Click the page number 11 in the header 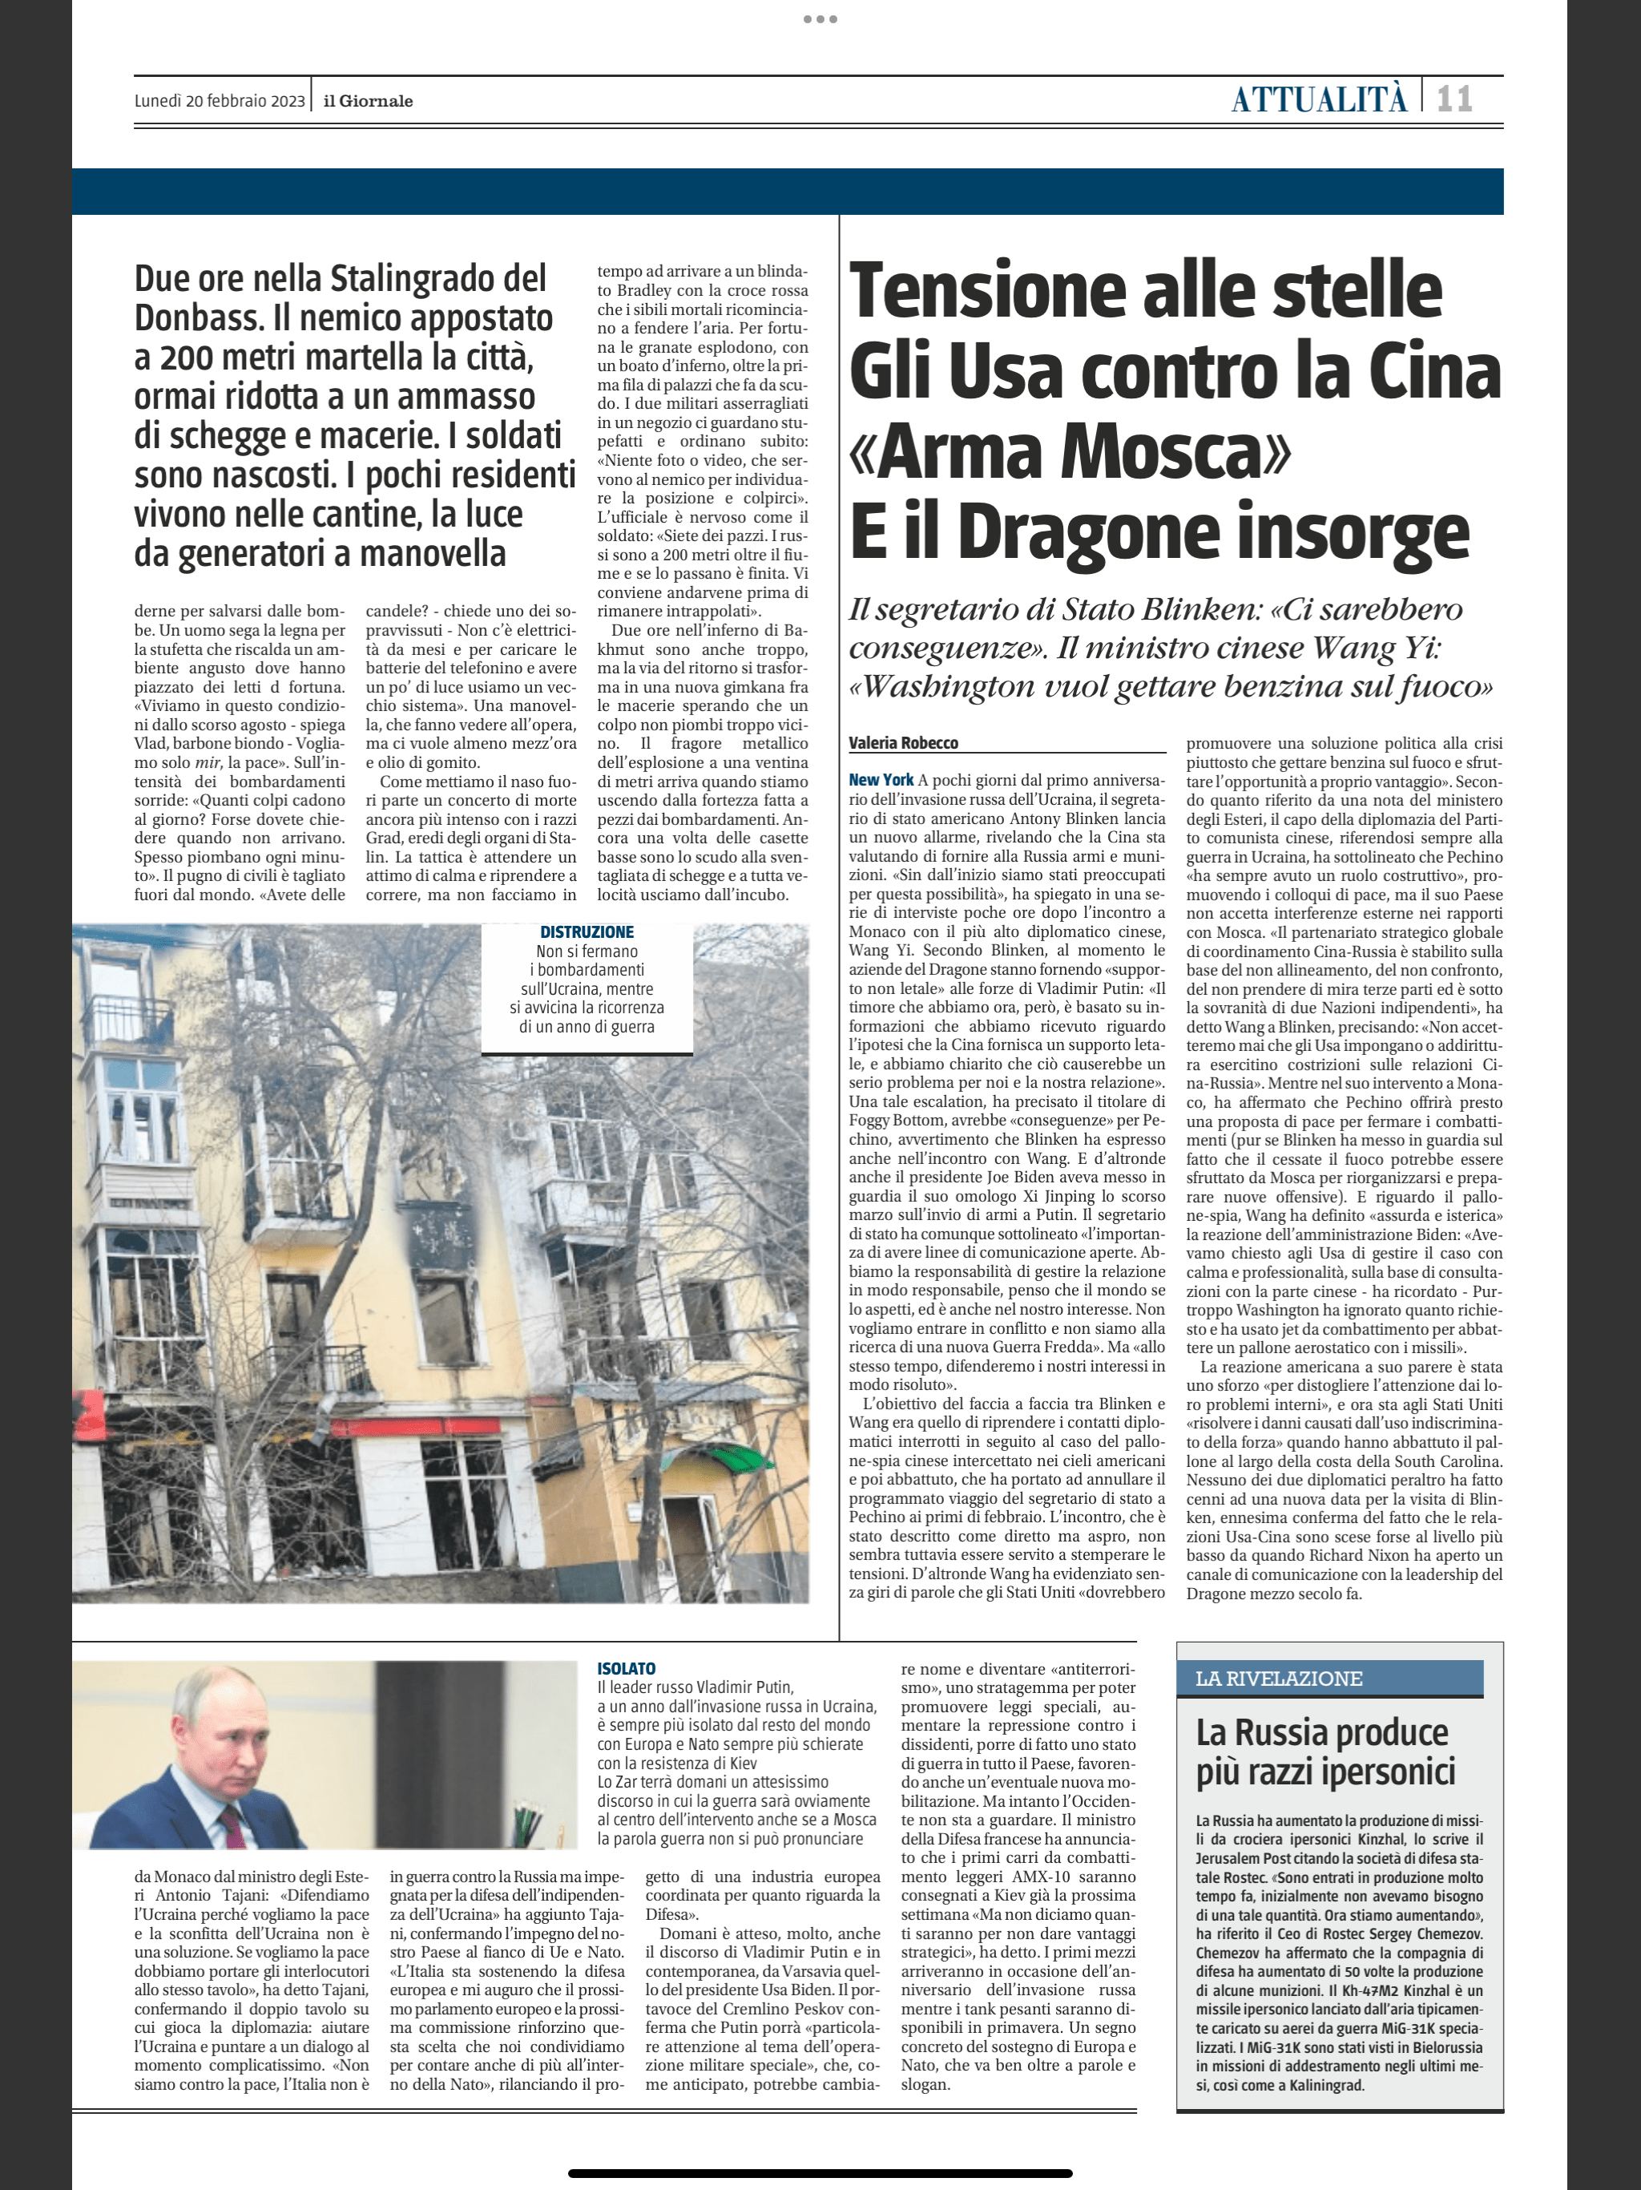click(1454, 99)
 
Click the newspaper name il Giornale click(369, 101)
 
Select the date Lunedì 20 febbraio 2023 click(220, 101)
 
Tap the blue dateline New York click(881, 780)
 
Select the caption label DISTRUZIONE click(587, 931)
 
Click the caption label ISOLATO click(626, 1669)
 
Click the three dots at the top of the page click(820, 18)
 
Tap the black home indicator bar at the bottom click(820, 2173)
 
